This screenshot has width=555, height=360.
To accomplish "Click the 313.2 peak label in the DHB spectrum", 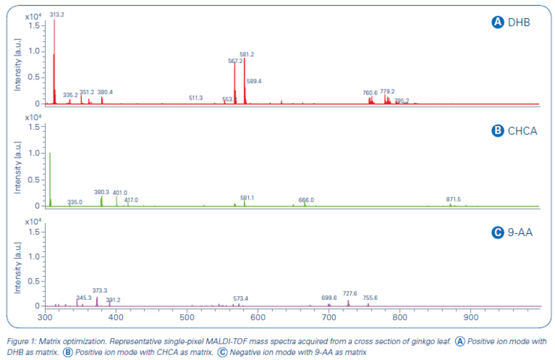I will tap(56, 14).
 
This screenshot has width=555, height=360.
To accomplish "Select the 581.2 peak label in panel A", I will tap(247, 55).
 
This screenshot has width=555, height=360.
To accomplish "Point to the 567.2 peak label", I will tap(235, 61).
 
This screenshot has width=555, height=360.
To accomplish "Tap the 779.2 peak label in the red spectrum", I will tap(387, 91).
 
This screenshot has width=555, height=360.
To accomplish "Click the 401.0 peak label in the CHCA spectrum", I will tap(120, 193).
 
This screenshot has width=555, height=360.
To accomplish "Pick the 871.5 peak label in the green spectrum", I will tap(453, 199).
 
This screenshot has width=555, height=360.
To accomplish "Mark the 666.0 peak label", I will tap(306, 200).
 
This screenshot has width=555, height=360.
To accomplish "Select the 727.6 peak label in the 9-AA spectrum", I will tap(350, 293).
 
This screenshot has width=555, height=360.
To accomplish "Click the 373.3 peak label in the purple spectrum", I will tap(100, 290).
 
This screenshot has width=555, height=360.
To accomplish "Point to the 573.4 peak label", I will tap(241, 298).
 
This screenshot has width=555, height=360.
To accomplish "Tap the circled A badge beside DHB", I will tap(496, 22).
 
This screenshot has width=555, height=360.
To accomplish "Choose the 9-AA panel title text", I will tap(523, 232).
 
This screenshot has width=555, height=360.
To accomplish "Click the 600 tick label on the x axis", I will tap(257, 319).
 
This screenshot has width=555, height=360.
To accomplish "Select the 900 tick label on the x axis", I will tap(471, 319).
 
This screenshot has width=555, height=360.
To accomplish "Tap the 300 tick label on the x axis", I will tap(44, 319).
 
